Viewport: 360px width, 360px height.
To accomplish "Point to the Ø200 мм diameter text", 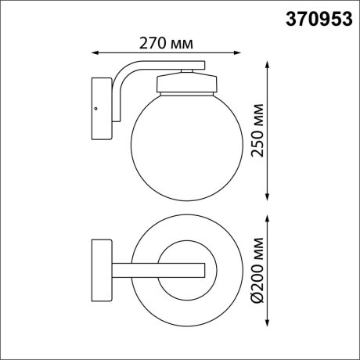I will point(257,272).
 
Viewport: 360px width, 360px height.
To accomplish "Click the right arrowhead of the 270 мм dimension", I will point(239,53).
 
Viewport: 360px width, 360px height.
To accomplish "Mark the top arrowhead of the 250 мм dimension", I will point(268,60).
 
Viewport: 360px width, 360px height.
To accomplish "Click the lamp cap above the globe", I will point(186,83).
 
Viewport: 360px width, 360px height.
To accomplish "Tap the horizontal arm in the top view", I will point(157,270).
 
